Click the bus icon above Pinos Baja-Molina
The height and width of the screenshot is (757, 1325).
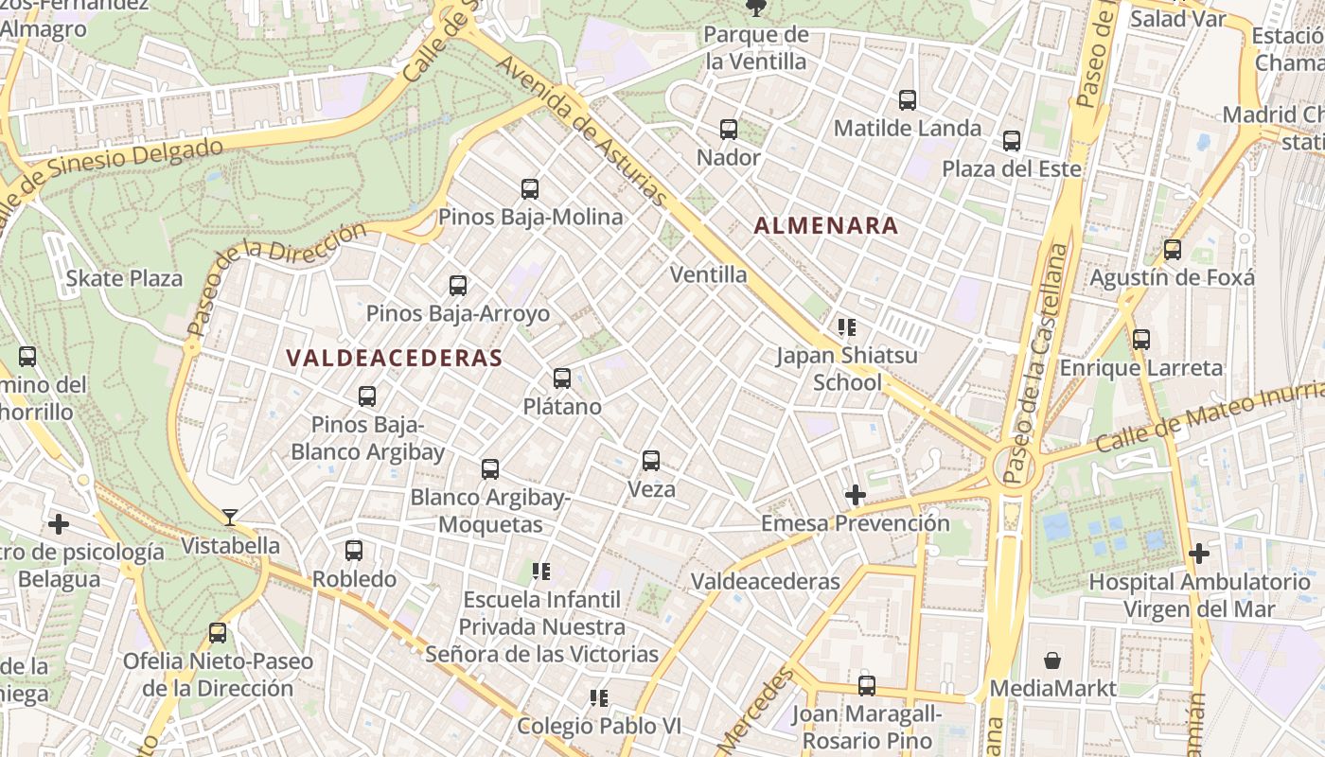click(530, 189)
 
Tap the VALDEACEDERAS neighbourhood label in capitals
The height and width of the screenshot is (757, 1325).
click(394, 358)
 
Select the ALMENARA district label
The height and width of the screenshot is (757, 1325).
click(826, 225)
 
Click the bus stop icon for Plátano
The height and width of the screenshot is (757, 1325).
click(562, 378)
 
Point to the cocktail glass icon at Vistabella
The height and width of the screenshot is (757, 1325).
click(230, 517)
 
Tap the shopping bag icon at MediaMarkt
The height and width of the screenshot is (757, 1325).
click(1052, 660)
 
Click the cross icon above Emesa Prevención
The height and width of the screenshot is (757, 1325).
click(856, 495)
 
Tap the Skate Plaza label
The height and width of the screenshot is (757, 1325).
click(124, 279)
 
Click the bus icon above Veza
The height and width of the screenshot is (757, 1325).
click(651, 461)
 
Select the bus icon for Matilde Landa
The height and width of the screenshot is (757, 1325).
click(908, 99)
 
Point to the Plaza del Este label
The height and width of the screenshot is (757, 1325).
click(1011, 169)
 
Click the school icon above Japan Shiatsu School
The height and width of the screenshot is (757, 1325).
click(846, 327)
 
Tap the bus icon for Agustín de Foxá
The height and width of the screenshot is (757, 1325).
click(1173, 250)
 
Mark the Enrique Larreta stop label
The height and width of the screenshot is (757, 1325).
click(1141, 368)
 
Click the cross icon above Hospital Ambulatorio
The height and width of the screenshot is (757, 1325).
click(1199, 553)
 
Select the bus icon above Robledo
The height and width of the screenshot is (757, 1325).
click(354, 550)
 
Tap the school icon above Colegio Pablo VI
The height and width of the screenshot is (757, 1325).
click(598, 698)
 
